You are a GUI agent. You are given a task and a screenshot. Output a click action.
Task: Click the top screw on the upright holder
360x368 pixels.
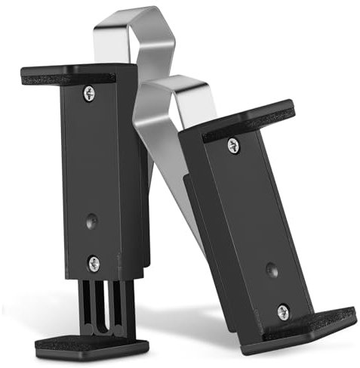pos(89,94)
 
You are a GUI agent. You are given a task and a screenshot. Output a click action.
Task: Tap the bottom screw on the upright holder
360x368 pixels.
pos(94,263)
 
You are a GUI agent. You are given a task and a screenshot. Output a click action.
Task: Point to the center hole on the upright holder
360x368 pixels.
pos(91,221)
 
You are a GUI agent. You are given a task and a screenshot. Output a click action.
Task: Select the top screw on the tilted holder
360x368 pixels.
pos(233,144)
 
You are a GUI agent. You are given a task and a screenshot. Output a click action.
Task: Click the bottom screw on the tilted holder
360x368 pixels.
pos(283,311)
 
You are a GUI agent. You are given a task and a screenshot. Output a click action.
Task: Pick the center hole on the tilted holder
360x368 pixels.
pos(270,270)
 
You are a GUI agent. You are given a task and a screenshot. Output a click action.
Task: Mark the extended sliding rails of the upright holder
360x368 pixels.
pos(101,306)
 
